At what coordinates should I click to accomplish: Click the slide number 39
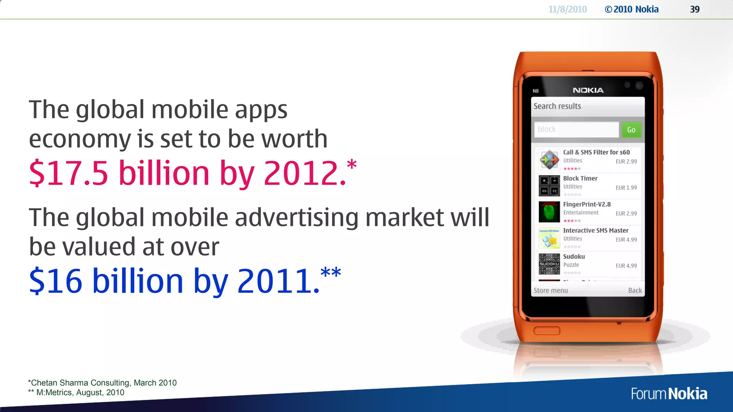(694, 9)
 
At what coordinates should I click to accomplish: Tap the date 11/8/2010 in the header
(567, 9)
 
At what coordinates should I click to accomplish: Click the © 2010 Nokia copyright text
(631, 9)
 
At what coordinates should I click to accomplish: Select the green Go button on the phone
(631, 130)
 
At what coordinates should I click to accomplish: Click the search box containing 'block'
(576, 129)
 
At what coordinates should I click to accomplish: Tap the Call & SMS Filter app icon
(549, 160)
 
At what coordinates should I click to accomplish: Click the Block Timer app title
(580, 178)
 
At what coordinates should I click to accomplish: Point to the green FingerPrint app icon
(549, 212)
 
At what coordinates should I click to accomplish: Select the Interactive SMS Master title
(596, 231)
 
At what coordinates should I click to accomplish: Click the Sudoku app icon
(549, 264)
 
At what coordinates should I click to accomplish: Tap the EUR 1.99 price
(626, 188)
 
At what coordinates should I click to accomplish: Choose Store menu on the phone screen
(550, 290)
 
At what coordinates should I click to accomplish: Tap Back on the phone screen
(635, 290)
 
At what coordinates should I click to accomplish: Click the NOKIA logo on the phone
(588, 90)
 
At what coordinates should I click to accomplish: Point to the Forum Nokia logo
(669, 394)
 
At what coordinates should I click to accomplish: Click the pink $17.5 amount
(68, 173)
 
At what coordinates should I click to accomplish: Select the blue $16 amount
(55, 281)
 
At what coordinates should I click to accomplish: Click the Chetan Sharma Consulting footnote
(102, 383)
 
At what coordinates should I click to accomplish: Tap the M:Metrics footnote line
(76, 392)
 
